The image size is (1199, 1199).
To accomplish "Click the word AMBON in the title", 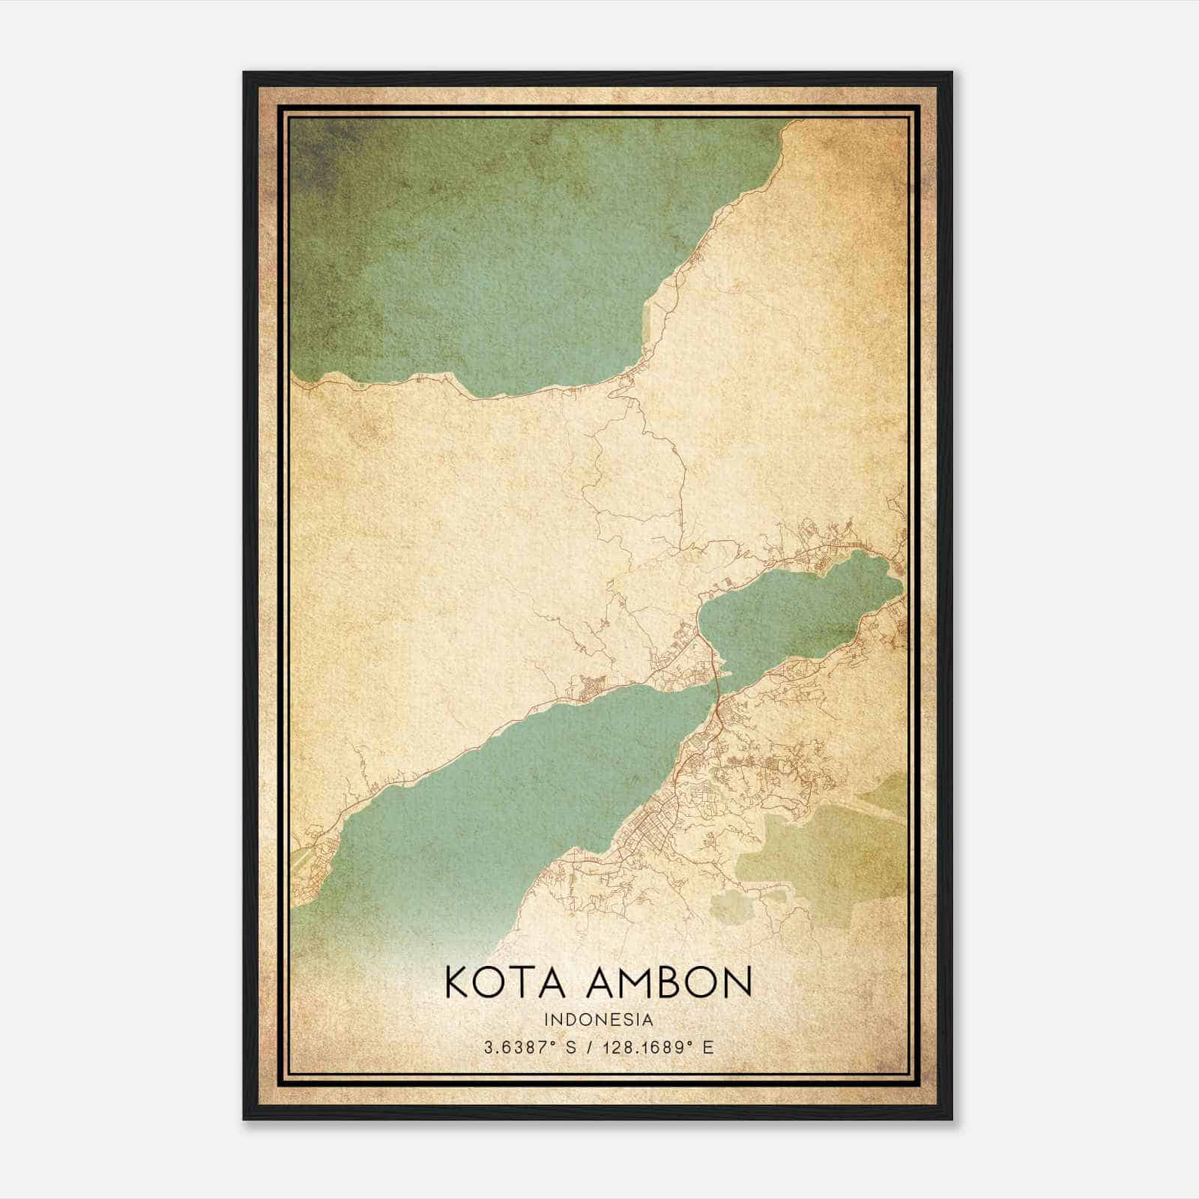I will [x=667, y=982].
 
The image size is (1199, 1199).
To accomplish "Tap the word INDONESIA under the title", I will [x=599, y=1020].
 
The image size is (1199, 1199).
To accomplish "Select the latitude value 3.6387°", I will [x=525, y=1047].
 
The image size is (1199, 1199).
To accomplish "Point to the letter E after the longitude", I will [x=708, y=1047].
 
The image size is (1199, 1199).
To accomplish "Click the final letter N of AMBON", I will [x=738, y=982].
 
